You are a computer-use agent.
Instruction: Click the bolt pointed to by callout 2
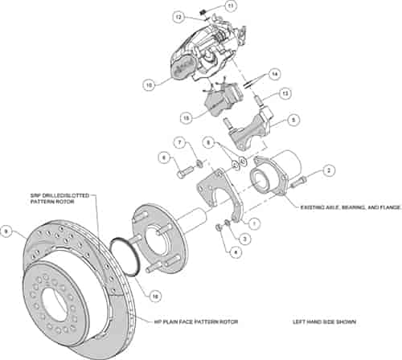pyautogui.click(x=299, y=181)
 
